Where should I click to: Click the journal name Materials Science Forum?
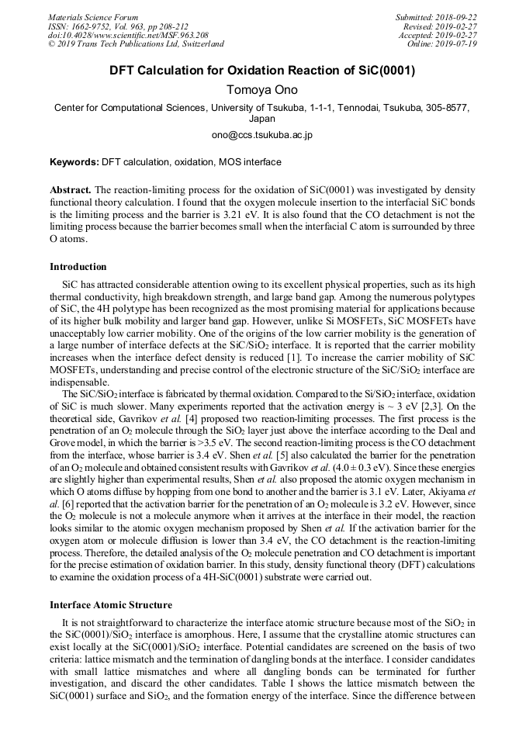(93, 17)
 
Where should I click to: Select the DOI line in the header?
(128, 35)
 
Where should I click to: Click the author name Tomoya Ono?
(261, 90)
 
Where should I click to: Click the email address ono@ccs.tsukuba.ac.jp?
(261, 135)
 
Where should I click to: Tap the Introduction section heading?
(78, 267)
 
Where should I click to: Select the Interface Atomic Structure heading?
(111, 604)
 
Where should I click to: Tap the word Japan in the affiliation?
(261, 119)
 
